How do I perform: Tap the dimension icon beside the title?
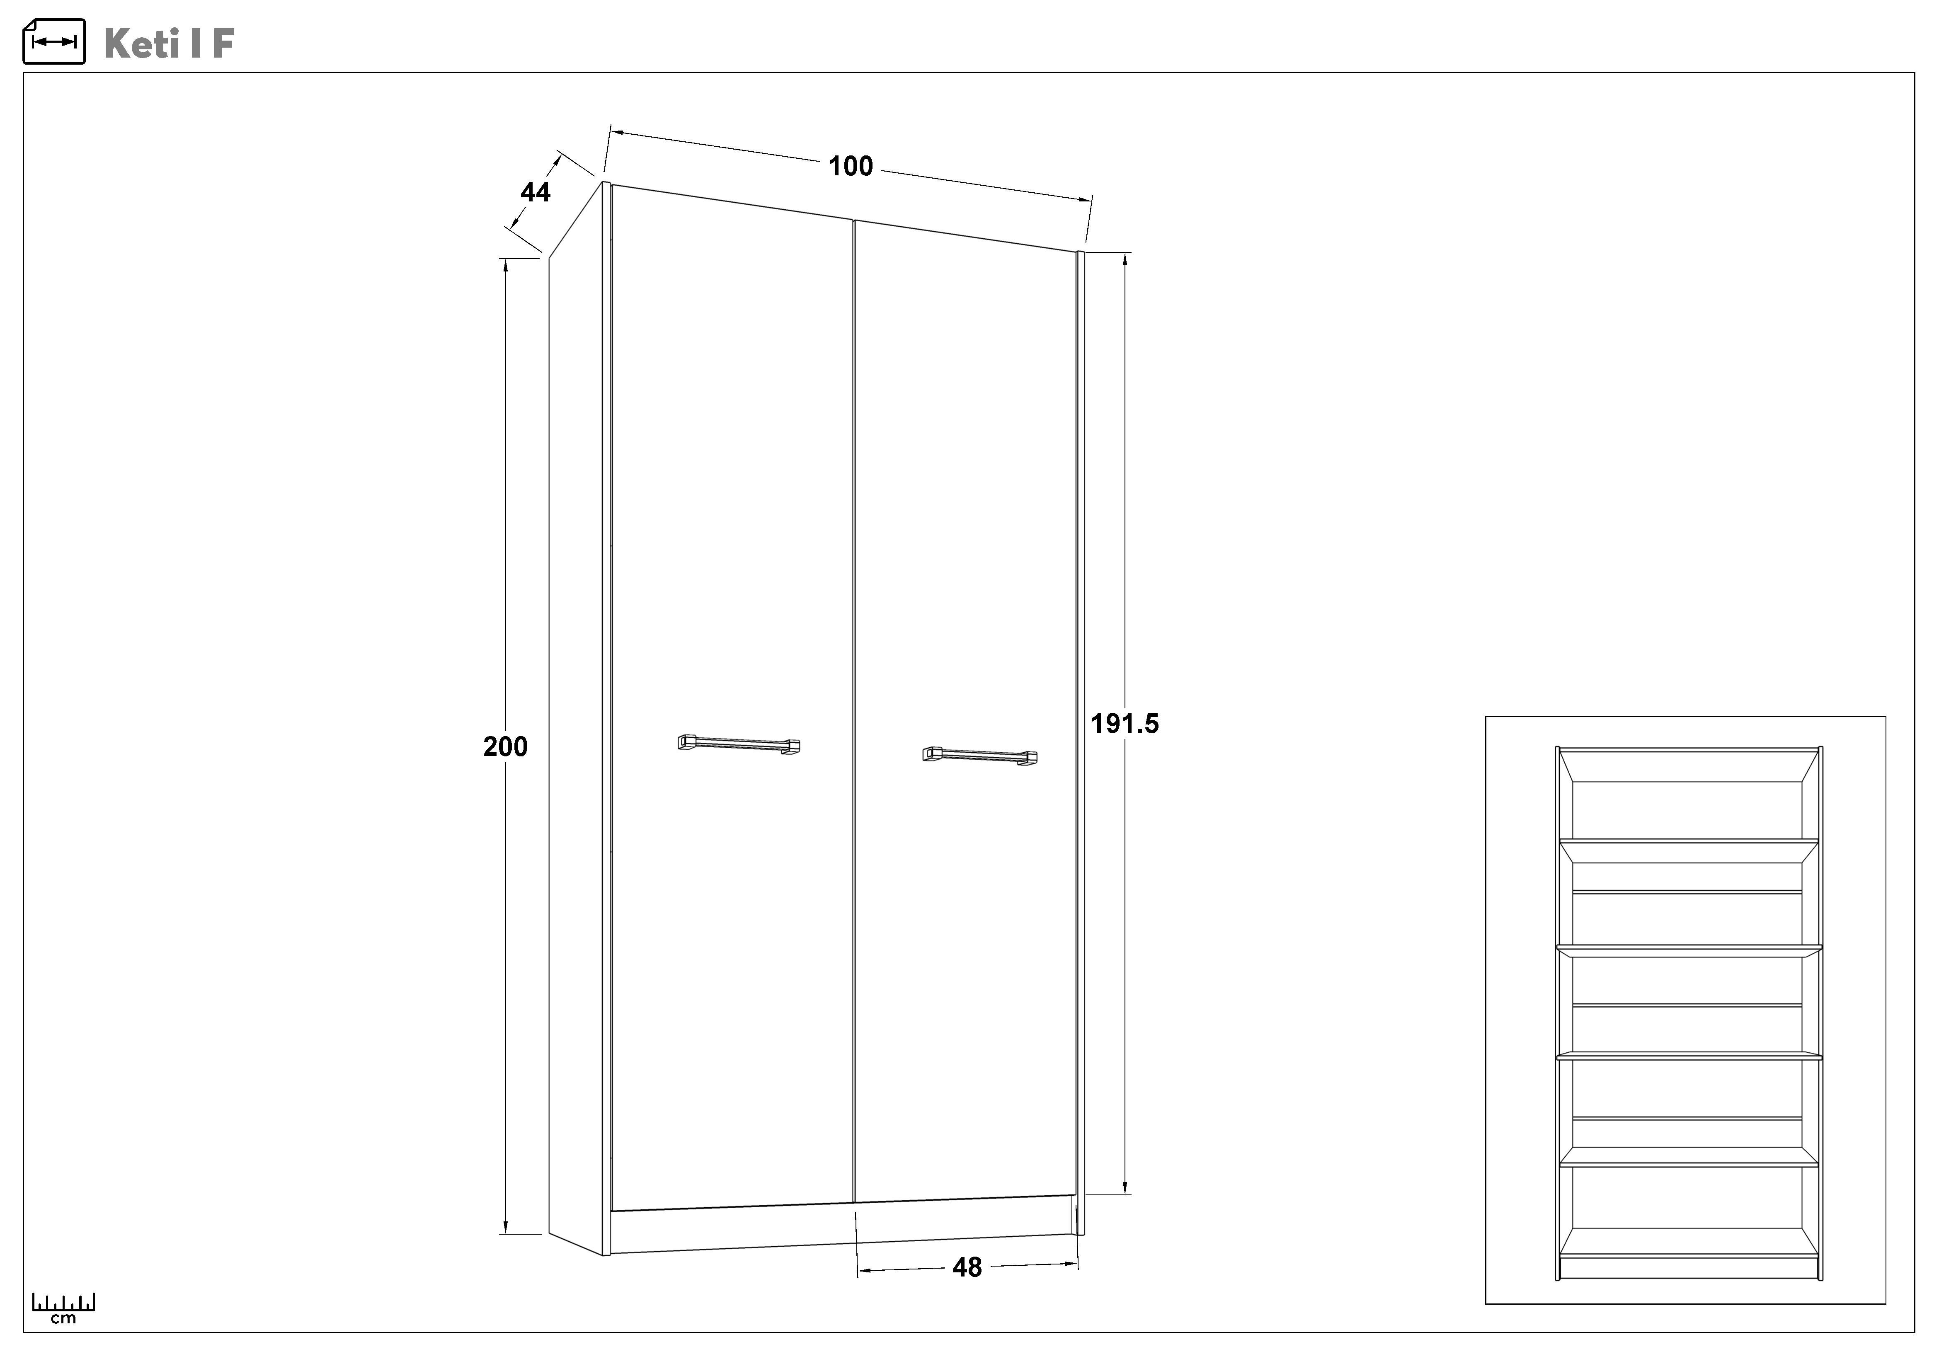(x=54, y=41)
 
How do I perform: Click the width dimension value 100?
(x=851, y=166)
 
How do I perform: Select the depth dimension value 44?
(x=536, y=192)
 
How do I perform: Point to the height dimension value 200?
(x=505, y=746)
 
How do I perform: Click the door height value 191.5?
(x=1125, y=724)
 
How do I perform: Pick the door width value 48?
(x=967, y=1267)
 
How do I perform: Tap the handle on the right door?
(x=979, y=756)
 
